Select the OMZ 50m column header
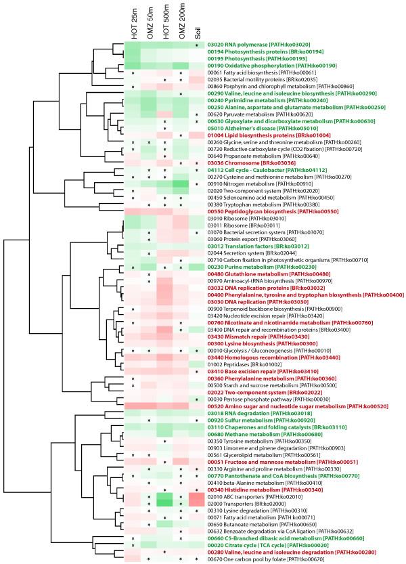149,20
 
